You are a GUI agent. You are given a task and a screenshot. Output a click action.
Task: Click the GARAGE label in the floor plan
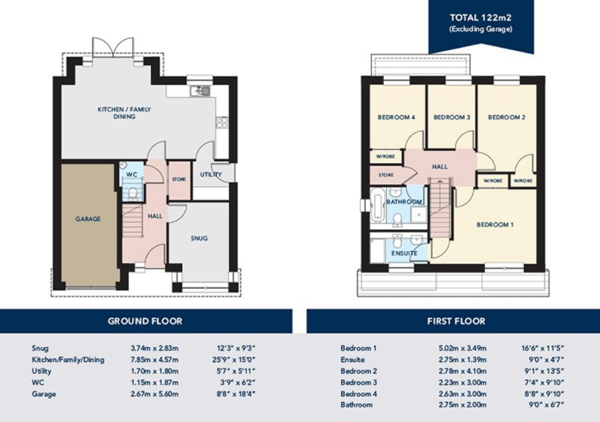point(88,219)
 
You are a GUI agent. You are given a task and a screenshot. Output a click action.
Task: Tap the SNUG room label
point(199,238)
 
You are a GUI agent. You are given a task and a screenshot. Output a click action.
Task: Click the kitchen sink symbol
point(200,91)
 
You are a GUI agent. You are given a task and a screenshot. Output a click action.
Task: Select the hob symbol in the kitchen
point(222,122)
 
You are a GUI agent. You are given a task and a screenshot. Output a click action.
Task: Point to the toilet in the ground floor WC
point(133,194)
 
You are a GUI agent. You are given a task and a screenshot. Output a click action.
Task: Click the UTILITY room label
point(211,175)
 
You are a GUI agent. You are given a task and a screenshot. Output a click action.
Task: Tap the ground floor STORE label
point(179,179)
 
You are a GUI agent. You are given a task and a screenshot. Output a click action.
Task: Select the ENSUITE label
point(404,253)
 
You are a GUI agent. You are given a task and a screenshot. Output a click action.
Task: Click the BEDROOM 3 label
point(451,117)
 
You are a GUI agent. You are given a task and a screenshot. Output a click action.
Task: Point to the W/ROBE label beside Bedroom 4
point(385,157)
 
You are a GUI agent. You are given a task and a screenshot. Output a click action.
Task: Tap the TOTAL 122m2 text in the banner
point(480,18)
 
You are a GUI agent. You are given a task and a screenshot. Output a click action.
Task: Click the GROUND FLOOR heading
point(145,321)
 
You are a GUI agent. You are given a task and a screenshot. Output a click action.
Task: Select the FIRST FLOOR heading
point(456,321)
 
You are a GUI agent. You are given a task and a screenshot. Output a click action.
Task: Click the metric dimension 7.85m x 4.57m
point(154,360)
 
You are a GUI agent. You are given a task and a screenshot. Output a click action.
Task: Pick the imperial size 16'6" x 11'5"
point(543,348)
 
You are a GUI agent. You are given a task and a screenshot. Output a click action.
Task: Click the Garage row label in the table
point(44,394)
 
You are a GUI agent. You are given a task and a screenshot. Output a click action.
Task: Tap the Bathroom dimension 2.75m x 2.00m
point(462,405)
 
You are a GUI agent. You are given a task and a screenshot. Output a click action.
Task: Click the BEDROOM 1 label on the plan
point(495,225)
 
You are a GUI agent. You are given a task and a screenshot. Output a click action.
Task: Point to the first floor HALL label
point(439,167)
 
